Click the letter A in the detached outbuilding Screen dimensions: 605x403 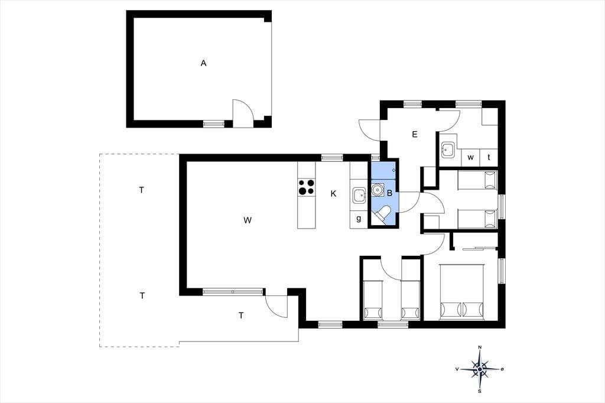203,63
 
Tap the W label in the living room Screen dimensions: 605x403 248,220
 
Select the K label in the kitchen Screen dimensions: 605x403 333,194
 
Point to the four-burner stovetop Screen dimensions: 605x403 307,187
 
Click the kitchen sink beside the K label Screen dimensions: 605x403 359,196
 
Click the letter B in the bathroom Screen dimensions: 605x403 390,193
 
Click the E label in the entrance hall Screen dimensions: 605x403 415,134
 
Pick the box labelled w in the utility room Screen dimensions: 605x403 470,158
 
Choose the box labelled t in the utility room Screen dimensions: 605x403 489,158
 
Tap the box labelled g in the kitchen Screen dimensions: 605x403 359,219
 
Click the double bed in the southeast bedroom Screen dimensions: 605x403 462,292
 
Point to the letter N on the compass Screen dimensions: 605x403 480,347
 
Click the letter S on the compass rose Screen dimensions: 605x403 480,391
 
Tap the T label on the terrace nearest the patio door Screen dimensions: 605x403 241,316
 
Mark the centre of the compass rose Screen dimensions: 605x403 480,369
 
